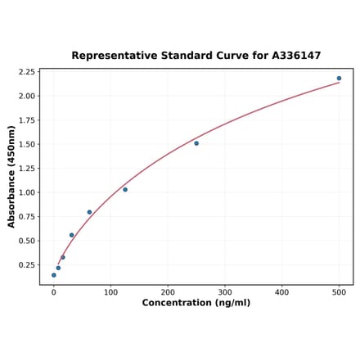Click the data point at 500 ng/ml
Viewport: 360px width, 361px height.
[x=339, y=79]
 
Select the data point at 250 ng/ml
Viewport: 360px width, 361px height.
[x=196, y=143]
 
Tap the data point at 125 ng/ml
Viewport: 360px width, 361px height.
[x=125, y=189]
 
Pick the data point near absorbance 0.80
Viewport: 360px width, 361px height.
[x=89, y=212]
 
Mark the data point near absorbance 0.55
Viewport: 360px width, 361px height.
[x=71, y=235]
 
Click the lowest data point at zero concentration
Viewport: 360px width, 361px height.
[x=54, y=275]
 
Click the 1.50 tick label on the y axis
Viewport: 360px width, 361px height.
[x=25, y=144]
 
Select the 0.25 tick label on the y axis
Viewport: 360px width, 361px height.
[x=25, y=265]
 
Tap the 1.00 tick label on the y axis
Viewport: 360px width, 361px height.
[x=25, y=192]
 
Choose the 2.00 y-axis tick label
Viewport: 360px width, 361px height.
[x=25, y=96]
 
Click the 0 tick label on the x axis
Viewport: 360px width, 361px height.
[x=54, y=291]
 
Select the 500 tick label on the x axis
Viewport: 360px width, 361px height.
[x=339, y=291]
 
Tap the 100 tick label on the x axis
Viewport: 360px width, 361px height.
[x=110, y=291]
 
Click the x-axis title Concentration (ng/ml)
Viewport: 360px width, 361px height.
[x=196, y=303]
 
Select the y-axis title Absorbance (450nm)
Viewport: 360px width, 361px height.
[x=11, y=176]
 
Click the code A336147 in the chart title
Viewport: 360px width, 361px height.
[x=292, y=56]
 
